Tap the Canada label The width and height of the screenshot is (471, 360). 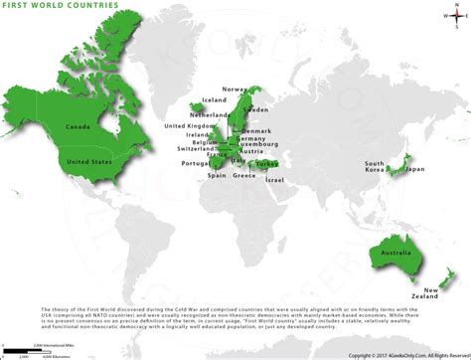pyautogui.click(x=78, y=127)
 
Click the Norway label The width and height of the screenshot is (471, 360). pyautogui.click(x=235, y=90)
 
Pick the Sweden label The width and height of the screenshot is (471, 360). pyautogui.click(x=256, y=108)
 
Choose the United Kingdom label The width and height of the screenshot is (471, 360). pyautogui.click(x=189, y=126)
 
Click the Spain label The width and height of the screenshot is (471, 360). pyautogui.click(x=217, y=175)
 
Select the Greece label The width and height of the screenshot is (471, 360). pyautogui.click(x=244, y=175)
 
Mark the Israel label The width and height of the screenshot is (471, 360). pyautogui.click(x=274, y=180)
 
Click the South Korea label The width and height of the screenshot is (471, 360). pyautogui.click(x=375, y=166)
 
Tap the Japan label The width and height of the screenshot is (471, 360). pyautogui.click(x=414, y=169)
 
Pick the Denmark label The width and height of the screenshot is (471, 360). pyautogui.click(x=256, y=131)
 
